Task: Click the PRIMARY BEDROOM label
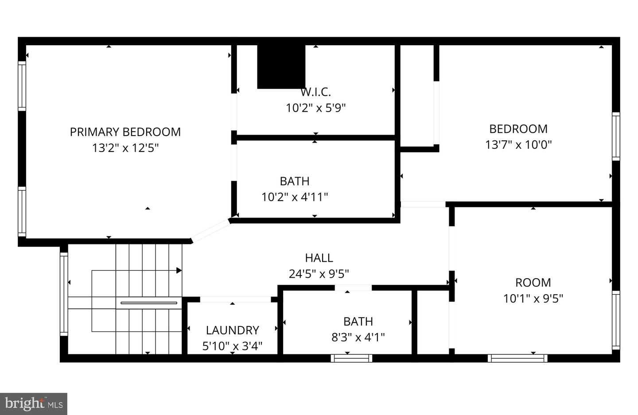click(125, 132)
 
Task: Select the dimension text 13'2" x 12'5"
click(125, 148)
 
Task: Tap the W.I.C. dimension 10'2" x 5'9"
click(315, 108)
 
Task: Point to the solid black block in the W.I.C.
click(281, 66)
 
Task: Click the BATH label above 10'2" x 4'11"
click(295, 181)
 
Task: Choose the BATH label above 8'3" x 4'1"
click(358, 322)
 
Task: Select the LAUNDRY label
click(233, 330)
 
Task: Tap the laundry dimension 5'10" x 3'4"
click(233, 346)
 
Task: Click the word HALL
click(319, 258)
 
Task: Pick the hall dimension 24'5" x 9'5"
click(319, 274)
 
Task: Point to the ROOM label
click(533, 283)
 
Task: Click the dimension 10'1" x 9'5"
click(533, 299)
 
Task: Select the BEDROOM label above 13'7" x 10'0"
click(518, 129)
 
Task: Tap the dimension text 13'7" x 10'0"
click(518, 145)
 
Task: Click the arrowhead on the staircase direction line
click(179, 271)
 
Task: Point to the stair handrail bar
click(149, 303)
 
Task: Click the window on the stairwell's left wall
click(64, 294)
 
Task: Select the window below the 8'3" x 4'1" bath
click(351, 358)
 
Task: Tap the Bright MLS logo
click(34, 404)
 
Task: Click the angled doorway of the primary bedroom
click(210, 231)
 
